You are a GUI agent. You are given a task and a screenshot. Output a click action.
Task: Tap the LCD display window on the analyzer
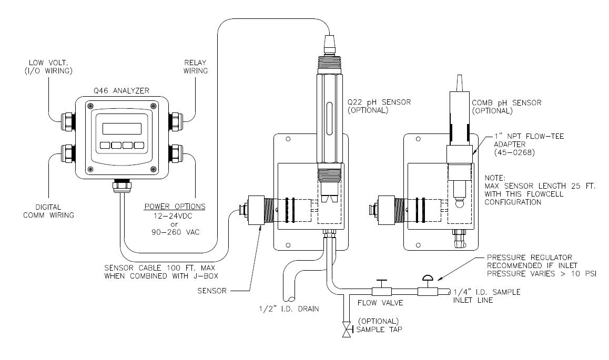[x=121, y=129]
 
